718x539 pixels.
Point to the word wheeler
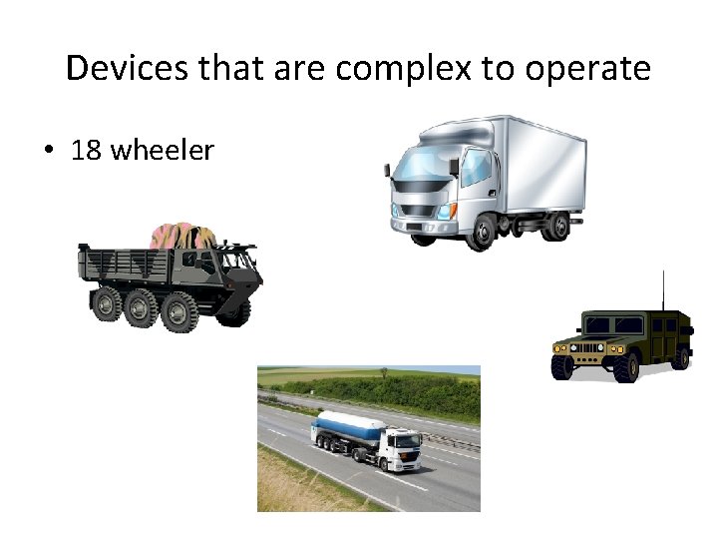162,151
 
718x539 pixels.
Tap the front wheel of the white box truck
482,233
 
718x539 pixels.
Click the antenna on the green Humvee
663,289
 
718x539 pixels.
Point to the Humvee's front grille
587,348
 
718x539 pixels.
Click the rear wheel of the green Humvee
680,356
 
